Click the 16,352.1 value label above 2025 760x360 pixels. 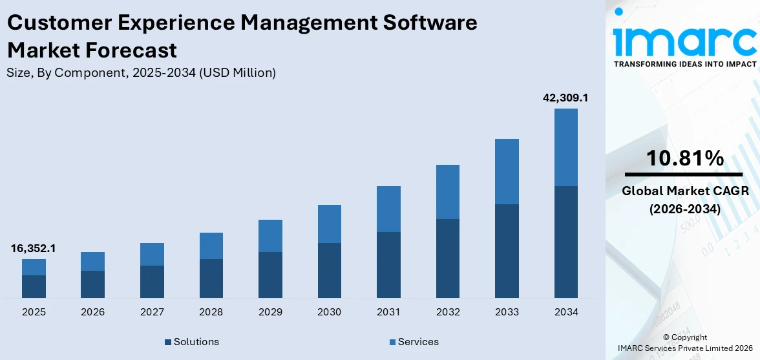pyautogui.click(x=33, y=248)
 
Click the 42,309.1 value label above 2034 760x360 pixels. pyautogui.click(x=565, y=98)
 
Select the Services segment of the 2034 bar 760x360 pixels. pyautogui.click(x=565, y=147)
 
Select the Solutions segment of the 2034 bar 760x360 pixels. pyautogui.click(x=565, y=242)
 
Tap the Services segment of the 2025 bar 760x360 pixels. pyautogui.click(x=34, y=267)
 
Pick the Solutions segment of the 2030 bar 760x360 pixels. pyautogui.click(x=329, y=270)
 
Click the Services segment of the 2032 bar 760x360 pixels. pyautogui.click(x=447, y=192)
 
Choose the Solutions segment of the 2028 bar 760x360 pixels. pyautogui.click(x=211, y=278)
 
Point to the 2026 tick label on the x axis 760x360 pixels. pyautogui.click(x=92, y=312)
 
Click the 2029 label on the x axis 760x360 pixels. pyautogui.click(x=270, y=312)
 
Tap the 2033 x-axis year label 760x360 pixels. pyautogui.click(x=507, y=312)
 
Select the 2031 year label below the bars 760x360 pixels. pyautogui.click(x=388, y=312)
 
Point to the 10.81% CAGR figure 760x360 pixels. pyautogui.click(x=684, y=158)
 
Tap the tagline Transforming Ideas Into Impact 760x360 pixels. pyautogui.click(x=684, y=64)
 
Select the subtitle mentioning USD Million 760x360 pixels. pyautogui.click(x=141, y=73)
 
